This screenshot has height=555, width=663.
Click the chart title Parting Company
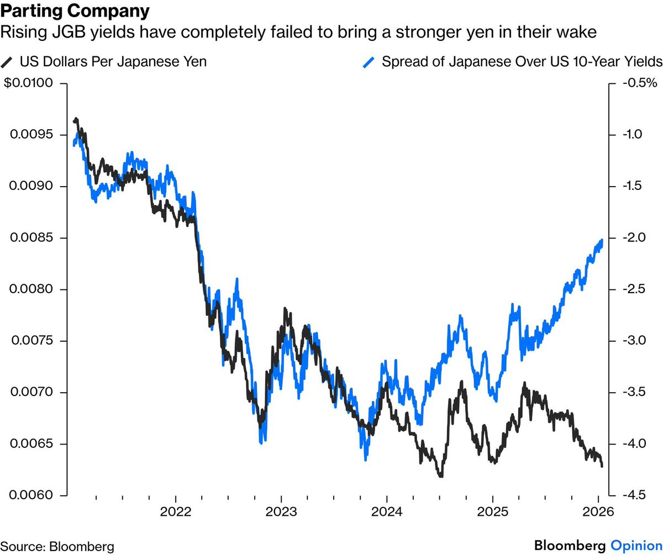(x=75, y=11)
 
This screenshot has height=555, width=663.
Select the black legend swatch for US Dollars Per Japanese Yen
(x=8, y=61)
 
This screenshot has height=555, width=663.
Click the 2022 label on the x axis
(x=175, y=511)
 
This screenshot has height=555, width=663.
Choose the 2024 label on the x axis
(x=387, y=511)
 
